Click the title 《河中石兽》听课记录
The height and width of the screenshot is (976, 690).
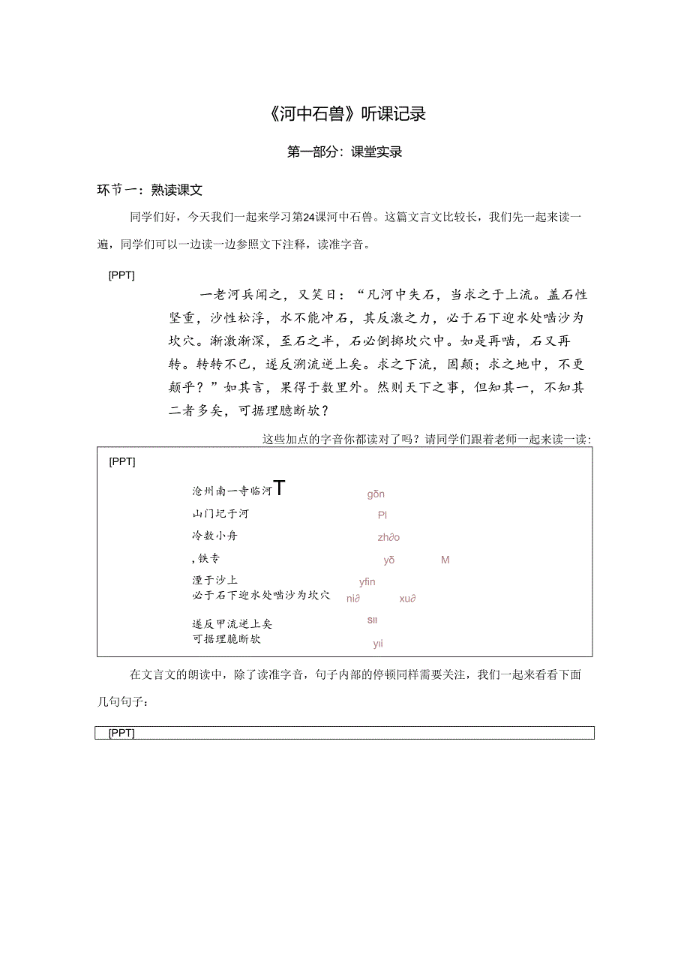[345, 114]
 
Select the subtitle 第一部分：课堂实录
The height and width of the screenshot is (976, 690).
[345, 152]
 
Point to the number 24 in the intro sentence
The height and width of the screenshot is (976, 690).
[307, 218]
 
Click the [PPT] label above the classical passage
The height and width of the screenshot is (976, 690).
[121, 275]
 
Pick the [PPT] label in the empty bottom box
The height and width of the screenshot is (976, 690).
[121, 733]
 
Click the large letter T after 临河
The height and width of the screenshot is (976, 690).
[279, 488]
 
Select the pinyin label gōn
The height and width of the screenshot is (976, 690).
[376, 494]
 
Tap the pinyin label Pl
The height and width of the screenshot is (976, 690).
[382, 515]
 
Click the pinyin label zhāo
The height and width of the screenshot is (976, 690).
[388, 537]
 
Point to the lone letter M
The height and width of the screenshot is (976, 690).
[445, 560]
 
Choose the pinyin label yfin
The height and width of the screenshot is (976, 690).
[367, 581]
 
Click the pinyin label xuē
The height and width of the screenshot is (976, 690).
[407, 599]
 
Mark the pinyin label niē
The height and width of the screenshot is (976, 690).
[353, 599]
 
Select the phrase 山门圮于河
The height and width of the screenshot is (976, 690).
[220, 514]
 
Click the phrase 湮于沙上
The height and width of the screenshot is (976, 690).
[214, 580]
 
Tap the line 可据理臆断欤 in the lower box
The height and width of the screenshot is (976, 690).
[226, 639]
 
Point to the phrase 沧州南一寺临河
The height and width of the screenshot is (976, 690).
[231, 491]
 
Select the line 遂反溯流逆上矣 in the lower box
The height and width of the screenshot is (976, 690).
[232, 623]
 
